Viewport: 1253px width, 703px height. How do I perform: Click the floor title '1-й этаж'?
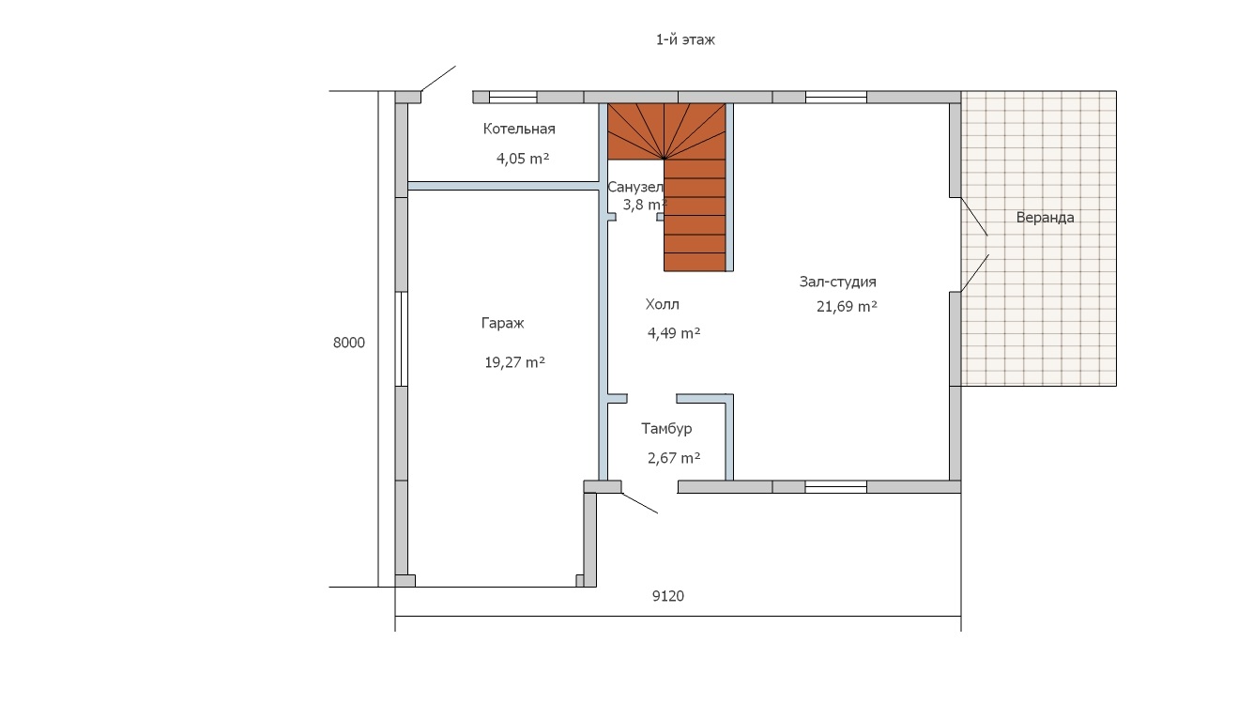[x=685, y=39]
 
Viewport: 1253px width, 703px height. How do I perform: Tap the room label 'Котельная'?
[x=519, y=130]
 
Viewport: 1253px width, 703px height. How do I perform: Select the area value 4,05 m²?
[x=523, y=159]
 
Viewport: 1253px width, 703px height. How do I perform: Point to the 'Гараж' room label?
[x=502, y=323]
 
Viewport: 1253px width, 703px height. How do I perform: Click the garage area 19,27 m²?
[x=514, y=362]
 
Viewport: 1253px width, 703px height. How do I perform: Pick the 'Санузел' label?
[x=634, y=187]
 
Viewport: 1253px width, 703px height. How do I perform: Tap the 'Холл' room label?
[x=663, y=304]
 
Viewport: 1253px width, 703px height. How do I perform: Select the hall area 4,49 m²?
[x=674, y=333]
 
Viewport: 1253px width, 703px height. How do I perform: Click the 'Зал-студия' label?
[x=837, y=282]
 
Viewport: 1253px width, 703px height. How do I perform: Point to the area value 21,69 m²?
[x=847, y=307]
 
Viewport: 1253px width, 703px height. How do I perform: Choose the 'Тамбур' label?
[x=666, y=429]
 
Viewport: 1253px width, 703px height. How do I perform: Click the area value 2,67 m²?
[x=674, y=458]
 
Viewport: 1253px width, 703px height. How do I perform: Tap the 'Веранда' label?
[x=1045, y=218]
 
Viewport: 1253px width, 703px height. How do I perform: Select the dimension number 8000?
[x=348, y=343]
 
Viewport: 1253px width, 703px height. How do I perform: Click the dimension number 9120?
[x=668, y=596]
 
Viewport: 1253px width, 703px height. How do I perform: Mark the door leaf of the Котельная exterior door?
[x=438, y=78]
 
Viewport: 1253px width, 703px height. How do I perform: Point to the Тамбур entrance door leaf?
[x=639, y=503]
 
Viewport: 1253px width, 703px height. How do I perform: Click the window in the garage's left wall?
[x=401, y=339]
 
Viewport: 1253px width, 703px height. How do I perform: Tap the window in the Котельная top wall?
[x=513, y=98]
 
